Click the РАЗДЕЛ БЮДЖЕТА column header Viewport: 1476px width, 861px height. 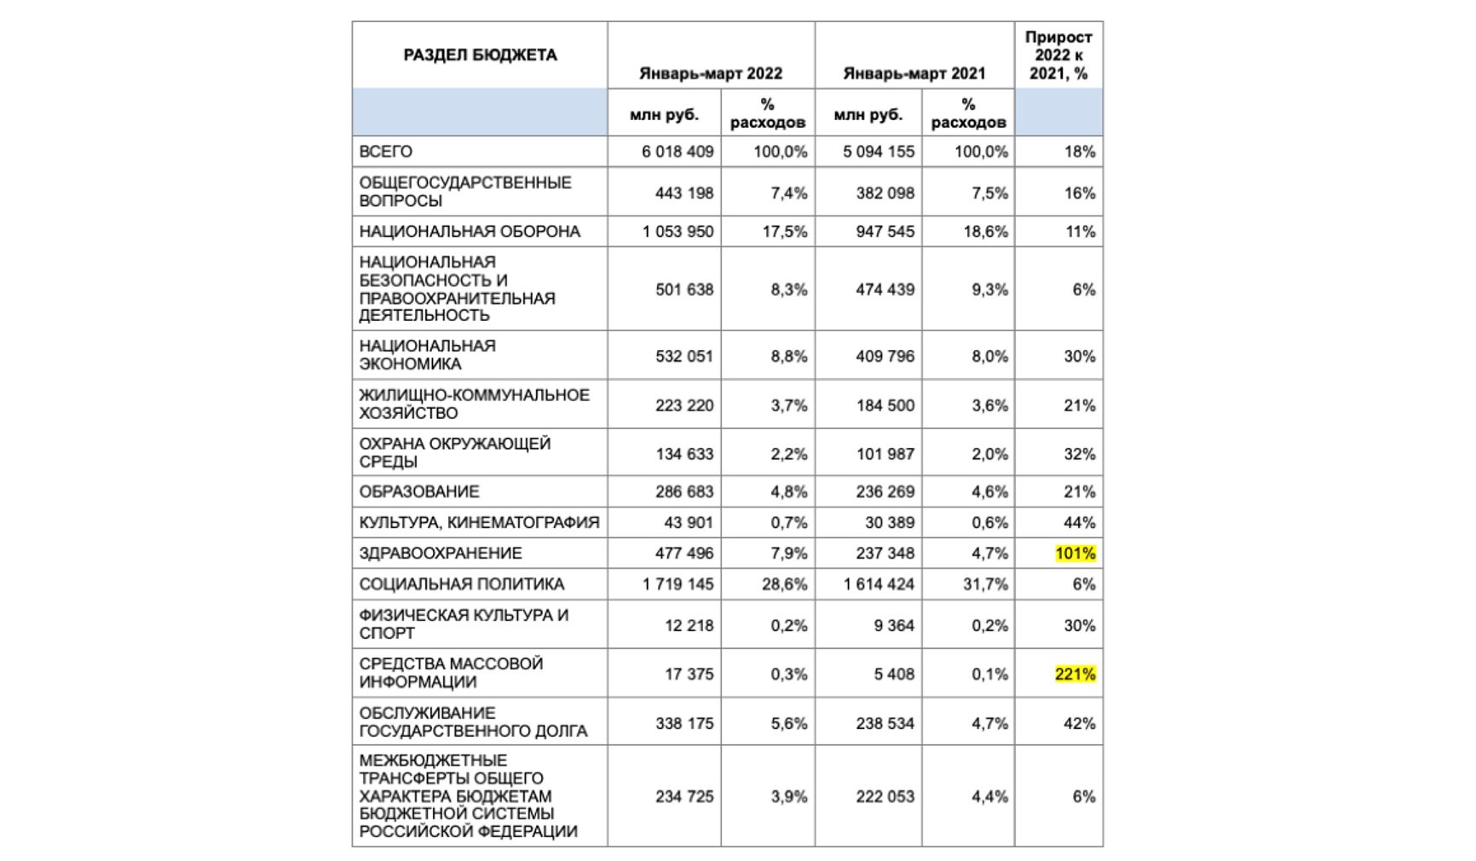click(480, 55)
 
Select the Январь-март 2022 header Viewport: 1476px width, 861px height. click(711, 73)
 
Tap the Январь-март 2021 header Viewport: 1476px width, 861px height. click(914, 73)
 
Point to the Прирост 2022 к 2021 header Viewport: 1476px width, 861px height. click(1058, 55)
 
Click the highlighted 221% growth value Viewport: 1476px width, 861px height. click(1075, 674)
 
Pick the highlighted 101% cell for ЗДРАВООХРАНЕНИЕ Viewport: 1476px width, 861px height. click(1075, 554)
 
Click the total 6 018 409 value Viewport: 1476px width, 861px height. click(677, 152)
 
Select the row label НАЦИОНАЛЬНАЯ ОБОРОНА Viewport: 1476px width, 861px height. click(470, 232)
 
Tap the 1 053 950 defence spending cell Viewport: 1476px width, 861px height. click(677, 232)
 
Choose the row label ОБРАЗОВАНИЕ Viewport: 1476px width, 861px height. click(419, 491)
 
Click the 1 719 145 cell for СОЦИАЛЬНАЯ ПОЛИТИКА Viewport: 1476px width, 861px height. click(677, 584)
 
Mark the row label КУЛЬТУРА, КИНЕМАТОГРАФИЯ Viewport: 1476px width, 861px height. click(479, 522)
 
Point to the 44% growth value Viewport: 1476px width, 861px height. click(1079, 522)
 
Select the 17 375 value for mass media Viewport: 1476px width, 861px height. click(689, 674)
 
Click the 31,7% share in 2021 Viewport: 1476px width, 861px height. click(985, 584)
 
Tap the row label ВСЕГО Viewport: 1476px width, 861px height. click(386, 152)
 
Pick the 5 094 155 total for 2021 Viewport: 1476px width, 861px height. click(879, 152)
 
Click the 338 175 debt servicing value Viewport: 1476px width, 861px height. click(684, 723)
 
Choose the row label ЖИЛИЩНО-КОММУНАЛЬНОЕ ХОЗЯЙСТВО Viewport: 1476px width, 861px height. click(474, 404)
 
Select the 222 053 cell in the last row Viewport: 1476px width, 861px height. click(885, 796)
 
